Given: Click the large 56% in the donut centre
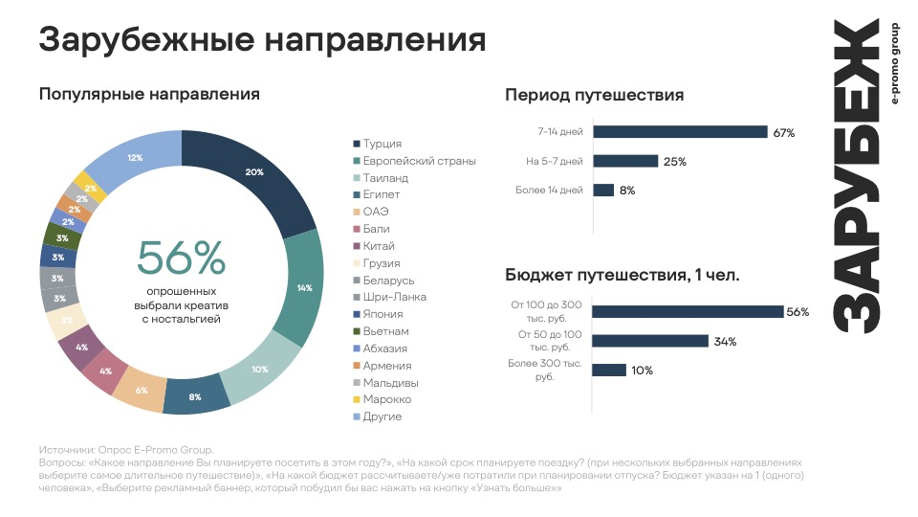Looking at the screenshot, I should tap(181, 258).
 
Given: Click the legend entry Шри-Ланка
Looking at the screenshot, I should tap(390, 297).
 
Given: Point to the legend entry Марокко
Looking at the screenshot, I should tap(387, 399).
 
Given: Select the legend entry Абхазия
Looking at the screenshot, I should tap(385, 348).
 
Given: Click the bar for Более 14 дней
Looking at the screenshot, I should tap(603, 191).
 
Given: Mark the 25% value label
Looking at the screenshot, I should tap(675, 162).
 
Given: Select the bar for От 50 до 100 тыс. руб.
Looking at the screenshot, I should tap(650, 341).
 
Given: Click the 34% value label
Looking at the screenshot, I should tap(725, 342).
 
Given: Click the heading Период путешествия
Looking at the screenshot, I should tap(594, 95).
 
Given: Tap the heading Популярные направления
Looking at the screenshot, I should tap(149, 95).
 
